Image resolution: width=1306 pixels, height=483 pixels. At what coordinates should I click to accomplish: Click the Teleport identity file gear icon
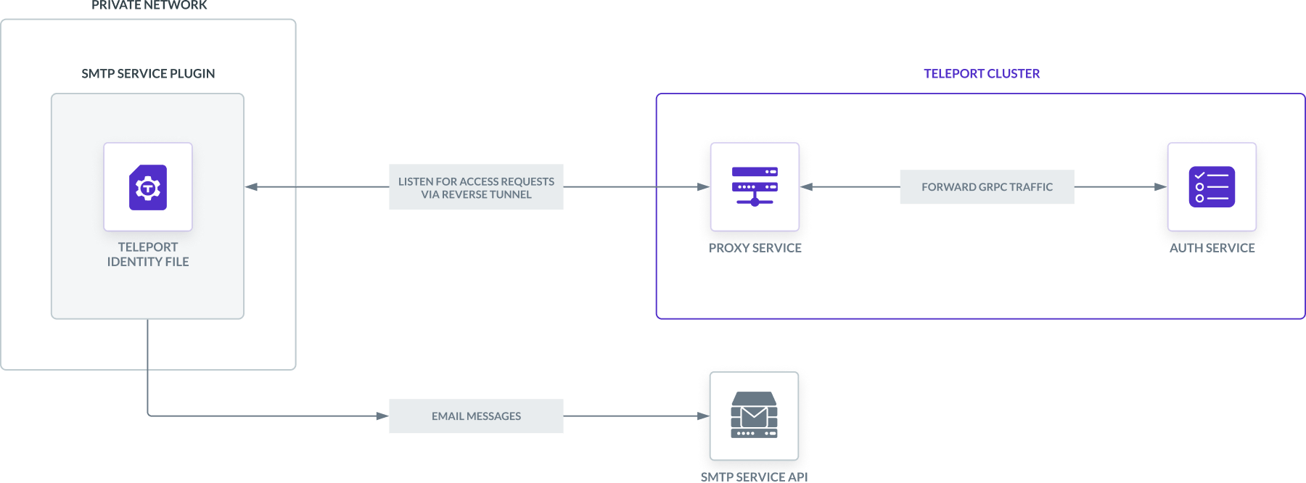[x=148, y=188]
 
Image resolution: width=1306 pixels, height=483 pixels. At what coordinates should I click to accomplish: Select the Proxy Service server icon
[x=755, y=187]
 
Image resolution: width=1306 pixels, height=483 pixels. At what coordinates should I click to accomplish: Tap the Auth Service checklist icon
[x=1212, y=187]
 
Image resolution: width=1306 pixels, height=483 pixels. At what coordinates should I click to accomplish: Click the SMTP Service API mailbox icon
[x=754, y=416]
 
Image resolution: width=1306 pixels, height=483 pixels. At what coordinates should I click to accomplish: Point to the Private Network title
[x=149, y=6]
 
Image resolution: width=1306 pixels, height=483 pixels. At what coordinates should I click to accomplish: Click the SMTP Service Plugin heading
[x=148, y=74]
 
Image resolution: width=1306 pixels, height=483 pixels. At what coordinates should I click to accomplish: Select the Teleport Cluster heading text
[x=982, y=74]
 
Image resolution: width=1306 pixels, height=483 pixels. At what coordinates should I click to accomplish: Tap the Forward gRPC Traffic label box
[x=987, y=187]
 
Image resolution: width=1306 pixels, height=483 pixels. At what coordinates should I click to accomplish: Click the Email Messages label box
[x=476, y=416]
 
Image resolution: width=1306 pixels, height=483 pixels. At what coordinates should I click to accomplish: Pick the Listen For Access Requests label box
[x=476, y=187]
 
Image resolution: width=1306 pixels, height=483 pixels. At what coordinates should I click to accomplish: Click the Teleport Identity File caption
[x=148, y=255]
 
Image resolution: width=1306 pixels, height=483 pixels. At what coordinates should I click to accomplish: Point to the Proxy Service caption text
[x=755, y=247]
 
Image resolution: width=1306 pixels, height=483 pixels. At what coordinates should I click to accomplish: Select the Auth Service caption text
[x=1212, y=247]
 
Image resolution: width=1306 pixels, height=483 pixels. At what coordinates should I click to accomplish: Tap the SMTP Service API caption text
[x=754, y=476]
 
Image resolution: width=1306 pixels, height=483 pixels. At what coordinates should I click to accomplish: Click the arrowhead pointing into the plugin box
[x=252, y=187]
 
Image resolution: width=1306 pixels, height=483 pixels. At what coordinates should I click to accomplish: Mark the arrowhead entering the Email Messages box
[x=382, y=416]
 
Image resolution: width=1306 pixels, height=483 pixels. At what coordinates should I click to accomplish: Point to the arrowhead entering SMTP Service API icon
[x=703, y=416]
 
